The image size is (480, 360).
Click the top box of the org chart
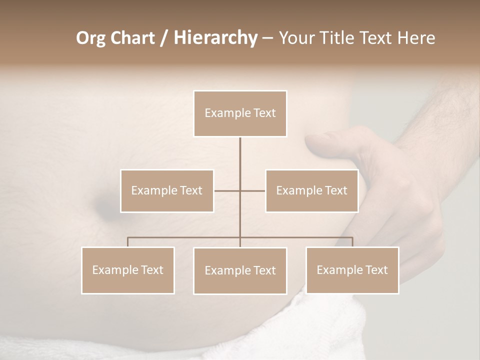[240, 113]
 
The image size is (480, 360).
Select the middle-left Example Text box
[167, 190]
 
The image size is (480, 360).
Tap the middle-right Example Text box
[311, 190]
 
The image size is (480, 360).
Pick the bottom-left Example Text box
[128, 270]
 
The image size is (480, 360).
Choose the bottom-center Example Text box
[240, 270]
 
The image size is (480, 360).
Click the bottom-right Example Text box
[352, 270]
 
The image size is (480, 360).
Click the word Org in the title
[91, 38]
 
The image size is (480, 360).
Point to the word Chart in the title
[132, 38]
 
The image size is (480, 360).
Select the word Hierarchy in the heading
[215, 38]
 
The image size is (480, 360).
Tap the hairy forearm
[440, 115]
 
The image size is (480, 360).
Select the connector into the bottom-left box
[128, 242]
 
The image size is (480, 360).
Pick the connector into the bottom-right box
[352, 242]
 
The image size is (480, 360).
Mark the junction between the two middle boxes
[240, 190]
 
